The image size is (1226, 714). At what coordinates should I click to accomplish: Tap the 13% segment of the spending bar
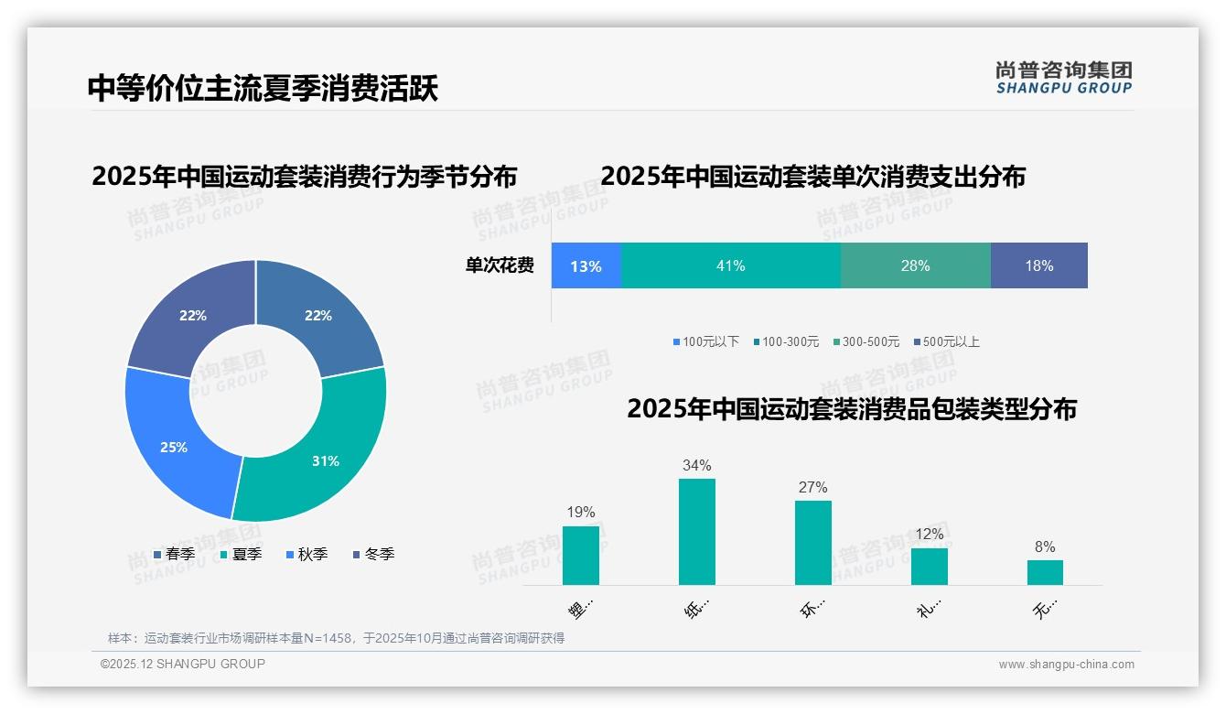[586, 266]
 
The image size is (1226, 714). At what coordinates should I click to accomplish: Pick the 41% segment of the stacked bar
[730, 265]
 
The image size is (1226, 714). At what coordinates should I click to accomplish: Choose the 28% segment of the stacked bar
[915, 265]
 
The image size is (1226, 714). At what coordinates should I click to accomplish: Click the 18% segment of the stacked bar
[1039, 265]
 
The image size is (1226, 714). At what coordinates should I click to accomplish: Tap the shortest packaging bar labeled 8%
[1045, 572]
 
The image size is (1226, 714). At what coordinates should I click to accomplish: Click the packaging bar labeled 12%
[929, 566]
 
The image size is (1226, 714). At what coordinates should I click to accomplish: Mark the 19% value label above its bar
[581, 513]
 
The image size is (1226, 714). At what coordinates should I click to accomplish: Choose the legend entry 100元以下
[706, 341]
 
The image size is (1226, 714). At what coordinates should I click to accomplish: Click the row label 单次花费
[500, 266]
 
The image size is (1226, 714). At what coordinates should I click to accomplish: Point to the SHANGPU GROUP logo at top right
[1063, 78]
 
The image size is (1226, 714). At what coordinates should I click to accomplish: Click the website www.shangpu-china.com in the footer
[1066, 665]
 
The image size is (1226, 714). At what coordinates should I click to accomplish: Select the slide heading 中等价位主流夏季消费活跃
[263, 88]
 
